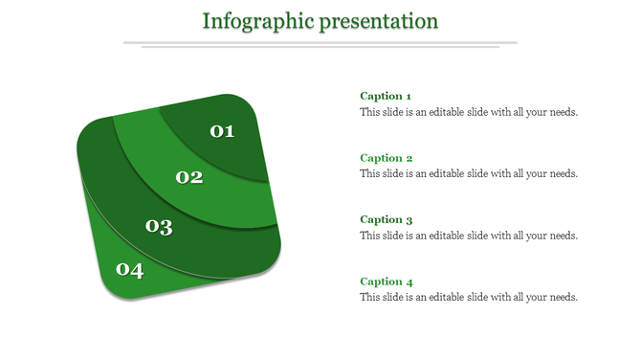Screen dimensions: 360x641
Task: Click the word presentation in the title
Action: (380, 21)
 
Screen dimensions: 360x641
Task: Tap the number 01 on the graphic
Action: (222, 131)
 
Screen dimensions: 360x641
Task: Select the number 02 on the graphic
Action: (189, 177)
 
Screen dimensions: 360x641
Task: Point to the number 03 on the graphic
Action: (159, 227)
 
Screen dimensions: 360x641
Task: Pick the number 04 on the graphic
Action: (129, 271)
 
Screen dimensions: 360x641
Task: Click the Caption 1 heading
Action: (386, 96)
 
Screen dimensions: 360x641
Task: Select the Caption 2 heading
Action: (386, 158)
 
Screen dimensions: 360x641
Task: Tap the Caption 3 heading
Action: (386, 219)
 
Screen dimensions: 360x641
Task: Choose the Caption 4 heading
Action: (386, 281)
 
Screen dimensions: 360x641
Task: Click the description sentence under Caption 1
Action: (469, 112)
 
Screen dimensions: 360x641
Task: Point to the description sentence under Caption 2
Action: (469, 174)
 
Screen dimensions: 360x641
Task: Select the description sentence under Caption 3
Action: (469, 236)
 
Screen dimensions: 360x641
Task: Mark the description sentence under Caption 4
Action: (469, 298)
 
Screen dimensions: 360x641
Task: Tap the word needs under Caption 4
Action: (564, 298)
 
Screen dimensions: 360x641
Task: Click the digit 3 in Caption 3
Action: (409, 220)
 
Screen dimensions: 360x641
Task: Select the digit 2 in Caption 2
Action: (409, 158)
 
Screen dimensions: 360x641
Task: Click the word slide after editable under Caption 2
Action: (490, 174)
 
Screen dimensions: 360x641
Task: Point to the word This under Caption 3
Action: (369, 236)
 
